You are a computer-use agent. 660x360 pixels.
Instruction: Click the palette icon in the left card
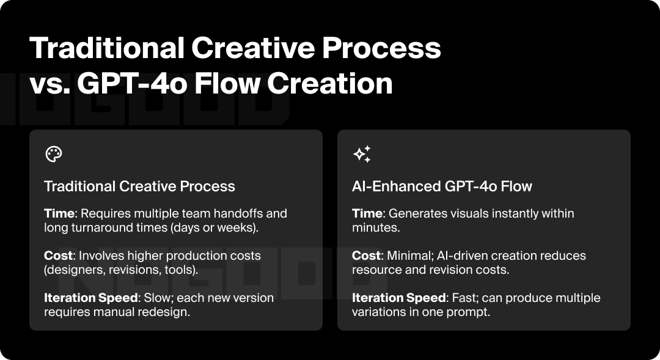point(54,154)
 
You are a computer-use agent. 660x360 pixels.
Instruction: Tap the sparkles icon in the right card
point(362,154)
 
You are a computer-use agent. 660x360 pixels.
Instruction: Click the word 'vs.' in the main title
point(48,83)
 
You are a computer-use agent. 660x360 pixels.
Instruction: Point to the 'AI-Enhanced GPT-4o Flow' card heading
point(442,186)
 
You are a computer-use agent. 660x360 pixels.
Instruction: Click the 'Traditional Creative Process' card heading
point(139,186)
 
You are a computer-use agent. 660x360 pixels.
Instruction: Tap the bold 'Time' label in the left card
point(59,214)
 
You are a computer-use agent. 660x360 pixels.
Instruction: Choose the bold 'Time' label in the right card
point(367,214)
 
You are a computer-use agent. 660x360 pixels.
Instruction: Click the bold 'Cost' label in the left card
point(59,255)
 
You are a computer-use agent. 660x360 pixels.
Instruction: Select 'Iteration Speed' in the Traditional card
point(90,298)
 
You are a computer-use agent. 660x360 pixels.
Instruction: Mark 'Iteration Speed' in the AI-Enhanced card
point(398,298)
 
